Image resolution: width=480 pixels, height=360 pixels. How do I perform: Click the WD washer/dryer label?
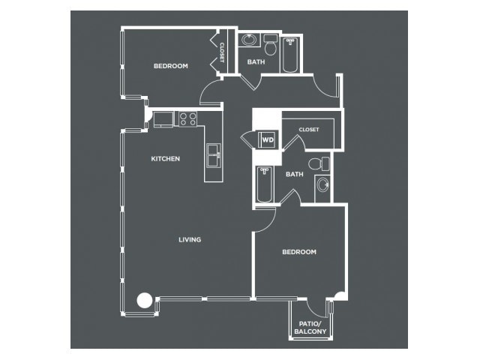tap(268, 140)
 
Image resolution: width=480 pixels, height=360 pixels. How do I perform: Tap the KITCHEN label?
tap(165, 158)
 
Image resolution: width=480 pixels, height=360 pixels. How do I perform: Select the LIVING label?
tap(190, 239)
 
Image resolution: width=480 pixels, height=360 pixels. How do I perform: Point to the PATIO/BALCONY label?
tap(310, 328)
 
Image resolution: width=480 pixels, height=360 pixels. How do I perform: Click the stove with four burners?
tap(188, 118)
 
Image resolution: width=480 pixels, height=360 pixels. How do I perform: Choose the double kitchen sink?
tap(214, 155)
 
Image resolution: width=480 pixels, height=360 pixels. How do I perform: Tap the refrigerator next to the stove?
tap(163, 119)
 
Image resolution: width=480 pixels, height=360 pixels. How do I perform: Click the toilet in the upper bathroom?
tap(270, 45)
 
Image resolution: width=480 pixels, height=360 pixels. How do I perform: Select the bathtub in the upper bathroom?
tap(290, 55)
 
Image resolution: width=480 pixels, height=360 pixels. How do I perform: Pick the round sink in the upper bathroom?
tap(249, 40)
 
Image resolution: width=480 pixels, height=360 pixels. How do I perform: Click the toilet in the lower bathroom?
tap(319, 163)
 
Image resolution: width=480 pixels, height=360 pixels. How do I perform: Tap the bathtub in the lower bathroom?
tap(265, 184)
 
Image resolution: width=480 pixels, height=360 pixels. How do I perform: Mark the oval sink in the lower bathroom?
tap(322, 185)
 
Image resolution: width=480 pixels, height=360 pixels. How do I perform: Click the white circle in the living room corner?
tap(145, 300)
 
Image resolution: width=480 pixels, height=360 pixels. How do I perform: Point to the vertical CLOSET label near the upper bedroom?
tap(222, 52)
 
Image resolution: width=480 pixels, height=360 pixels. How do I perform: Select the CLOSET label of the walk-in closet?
tap(309, 130)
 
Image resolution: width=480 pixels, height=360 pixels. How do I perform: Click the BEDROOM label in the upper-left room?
tap(171, 66)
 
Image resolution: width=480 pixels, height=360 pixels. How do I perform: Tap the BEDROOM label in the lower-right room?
tap(299, 252)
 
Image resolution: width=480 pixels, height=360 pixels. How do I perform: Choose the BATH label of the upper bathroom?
tap(256, 61)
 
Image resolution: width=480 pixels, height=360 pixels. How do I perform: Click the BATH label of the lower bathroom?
tap(295, 174)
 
